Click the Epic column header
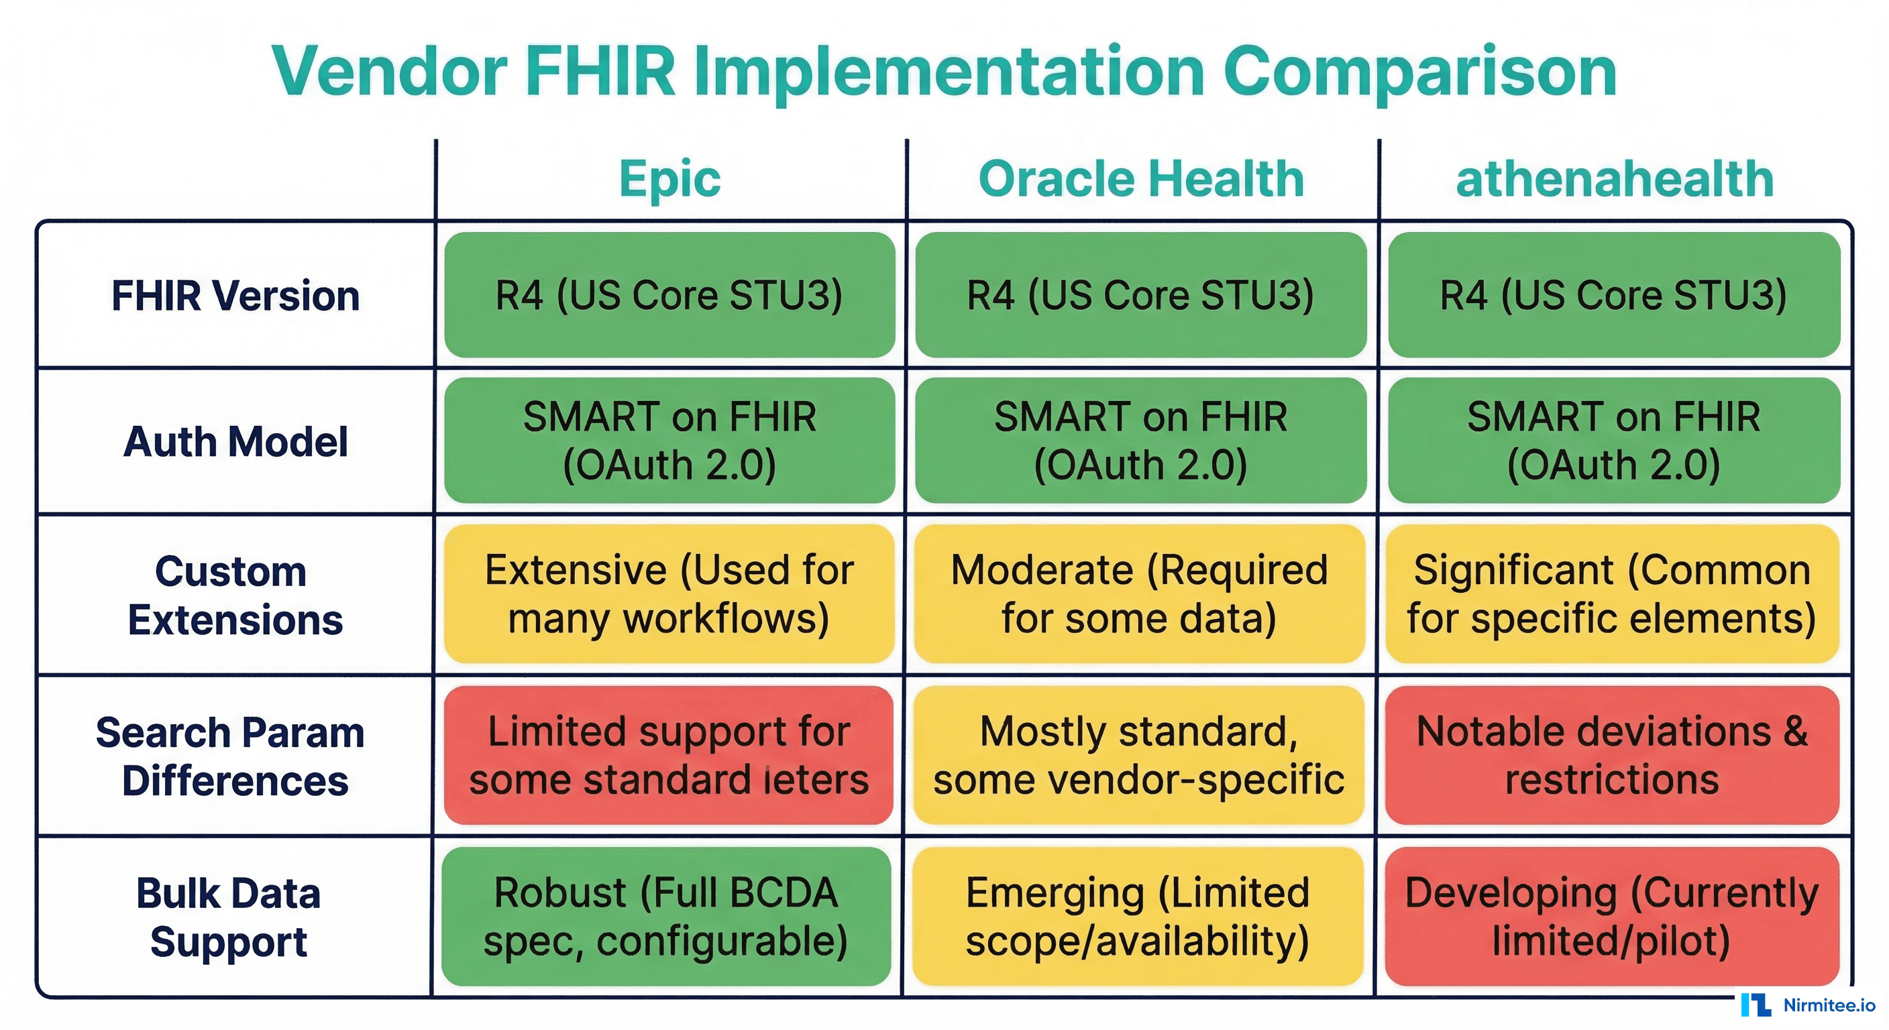[x=669, y=179]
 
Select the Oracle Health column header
[x=1141, y=179]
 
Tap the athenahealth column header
[x=1614, y=179]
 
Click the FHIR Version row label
[x=235, y=296]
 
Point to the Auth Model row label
[x=235, y=441]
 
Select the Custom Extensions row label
[x=234, y=595]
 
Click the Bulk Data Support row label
[x=229, y=917]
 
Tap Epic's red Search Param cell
[x=669, y=755]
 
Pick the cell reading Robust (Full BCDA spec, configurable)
[x=666, y=917]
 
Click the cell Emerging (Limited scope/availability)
[x=1138, y=917]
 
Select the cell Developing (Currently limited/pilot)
[x=1612, y=917]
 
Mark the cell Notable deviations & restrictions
[x=1612, y=755]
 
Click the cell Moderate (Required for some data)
[x=1139, y=594]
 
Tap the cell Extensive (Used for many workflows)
[x=669, y=594]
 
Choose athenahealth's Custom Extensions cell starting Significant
[x=1612, y=594]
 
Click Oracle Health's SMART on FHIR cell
[x=1140, y=441]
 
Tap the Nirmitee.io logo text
[x=1829, y=1005]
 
